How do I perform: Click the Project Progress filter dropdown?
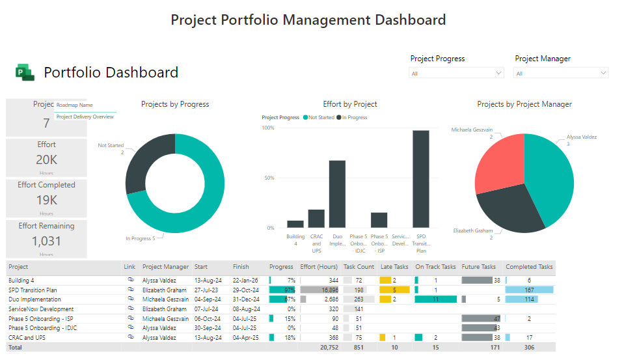pyautogui.click(x=456, y=74)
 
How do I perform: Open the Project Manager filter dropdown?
pyautogui.click(x=562, y=74)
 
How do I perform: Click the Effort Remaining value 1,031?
pyautogui.click(x=46, y=241)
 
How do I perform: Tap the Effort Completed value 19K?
pyautogui.click(x=46, y=200)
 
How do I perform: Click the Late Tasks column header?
pyautogui.click(x=394, y=267)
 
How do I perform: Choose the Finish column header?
pyautogui.click(x=241, y=267)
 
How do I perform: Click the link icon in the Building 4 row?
pyautogui.click(x=130, y=280)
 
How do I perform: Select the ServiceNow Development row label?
pyautogui.click(x=40, y=309)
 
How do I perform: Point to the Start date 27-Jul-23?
pyautogui.click(x=206, y=290)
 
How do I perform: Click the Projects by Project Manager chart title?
pyautogui.click(x=524, y=104)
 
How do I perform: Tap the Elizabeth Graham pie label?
pyautogui.click(x=472, y=230)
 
